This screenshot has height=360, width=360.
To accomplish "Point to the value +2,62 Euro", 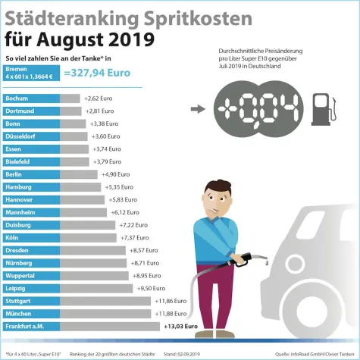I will (x=100, y=99).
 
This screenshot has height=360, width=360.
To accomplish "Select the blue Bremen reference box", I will (x=31, y=73).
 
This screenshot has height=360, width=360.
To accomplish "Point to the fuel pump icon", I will (x=321, y=108).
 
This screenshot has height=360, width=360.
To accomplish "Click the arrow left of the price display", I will (x=197, y=108).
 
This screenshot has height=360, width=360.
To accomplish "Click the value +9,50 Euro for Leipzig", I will (x=150, y=288).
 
